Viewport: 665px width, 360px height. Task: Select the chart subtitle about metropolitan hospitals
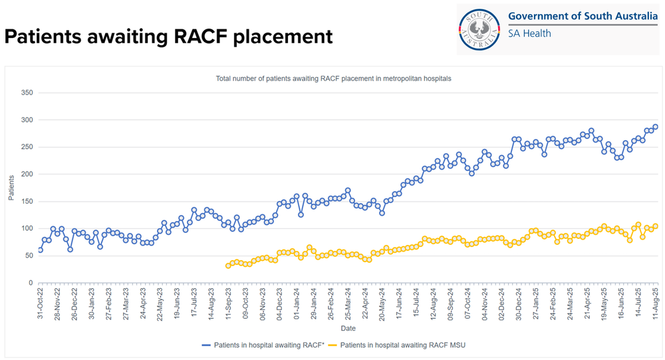point(333,79)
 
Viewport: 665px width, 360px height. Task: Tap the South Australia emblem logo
point(481,29)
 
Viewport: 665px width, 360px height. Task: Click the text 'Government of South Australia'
point(583,17)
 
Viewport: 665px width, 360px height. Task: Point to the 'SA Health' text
point(529,33)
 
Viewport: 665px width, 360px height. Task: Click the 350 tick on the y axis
point(27,92)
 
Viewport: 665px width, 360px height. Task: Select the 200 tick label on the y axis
point(27,174)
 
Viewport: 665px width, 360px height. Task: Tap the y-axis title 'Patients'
point(11,188)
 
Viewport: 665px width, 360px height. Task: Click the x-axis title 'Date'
point(348,329)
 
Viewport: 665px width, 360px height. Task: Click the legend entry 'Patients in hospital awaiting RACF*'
point(263,345)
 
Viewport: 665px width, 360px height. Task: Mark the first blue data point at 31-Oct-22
point(40,250)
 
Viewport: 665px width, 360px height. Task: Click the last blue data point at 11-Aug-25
point(655,127)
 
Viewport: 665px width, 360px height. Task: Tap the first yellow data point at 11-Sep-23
point(228,266)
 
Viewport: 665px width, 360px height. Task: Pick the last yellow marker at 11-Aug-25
point(655,226)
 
